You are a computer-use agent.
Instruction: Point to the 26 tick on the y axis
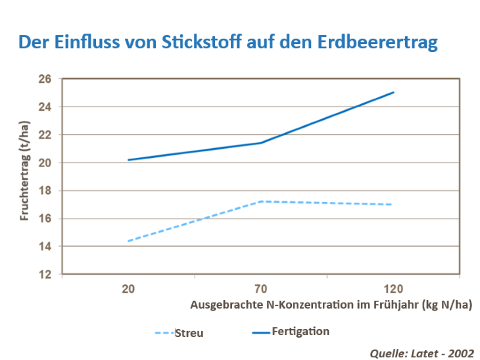pyautogui.click(x=45, y=79)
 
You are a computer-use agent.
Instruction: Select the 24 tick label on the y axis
pyautogui.click(x=45, y=107)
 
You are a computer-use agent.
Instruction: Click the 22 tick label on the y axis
pyautogui.click(x=45, y=135)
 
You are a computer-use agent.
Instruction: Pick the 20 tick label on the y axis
pyautogui.click(x=45, y=163)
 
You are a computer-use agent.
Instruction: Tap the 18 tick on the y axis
pyautogui.click(x=45, y=191)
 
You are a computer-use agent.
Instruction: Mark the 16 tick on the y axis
pyautogui.click(x=45, y=219)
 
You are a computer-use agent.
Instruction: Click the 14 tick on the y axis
pyautogui.click(x=45, y=247)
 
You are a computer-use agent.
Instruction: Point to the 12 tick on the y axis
pyautogui.click(x=45, y=274)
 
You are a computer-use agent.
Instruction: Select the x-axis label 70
pyautogui.click(x=261, y=289)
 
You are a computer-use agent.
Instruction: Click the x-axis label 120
pyautogui.click(x=393, y=289)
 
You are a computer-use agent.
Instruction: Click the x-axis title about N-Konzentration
pyautogui.click(x=331, y=305)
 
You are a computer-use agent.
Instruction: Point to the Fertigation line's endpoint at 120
pyautogui.click(x=393, y=92)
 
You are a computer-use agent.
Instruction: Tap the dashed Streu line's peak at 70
pyautogui.click(x=261, y=201)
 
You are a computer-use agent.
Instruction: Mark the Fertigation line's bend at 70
pyautogui.click(x=261, y=143)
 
